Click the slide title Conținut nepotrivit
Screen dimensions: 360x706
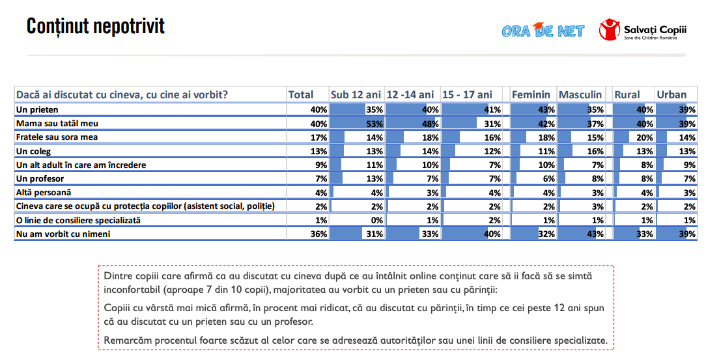point(95,27)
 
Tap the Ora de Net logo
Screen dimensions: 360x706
point(543,30)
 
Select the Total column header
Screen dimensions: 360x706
point(301,95)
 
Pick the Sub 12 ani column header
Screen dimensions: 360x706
point(356,95)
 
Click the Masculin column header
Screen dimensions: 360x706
point(580,95)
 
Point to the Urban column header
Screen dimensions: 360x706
point(671,95)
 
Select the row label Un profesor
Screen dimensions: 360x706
point(40,178)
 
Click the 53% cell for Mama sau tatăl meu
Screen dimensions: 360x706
point(357,123)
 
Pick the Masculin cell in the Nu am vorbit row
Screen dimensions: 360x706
point(581,234)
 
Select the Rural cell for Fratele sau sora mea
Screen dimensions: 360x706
point(633,137)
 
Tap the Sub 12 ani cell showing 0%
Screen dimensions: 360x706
point(357,220)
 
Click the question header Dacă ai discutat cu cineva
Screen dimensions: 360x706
point(122,95)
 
